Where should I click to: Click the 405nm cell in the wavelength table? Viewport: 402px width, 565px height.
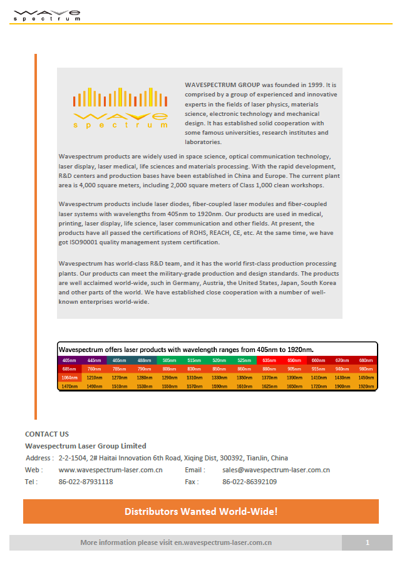(67, 360)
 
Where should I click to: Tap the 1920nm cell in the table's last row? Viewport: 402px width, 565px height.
(366, 386)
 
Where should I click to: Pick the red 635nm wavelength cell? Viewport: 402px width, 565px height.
(269, 360)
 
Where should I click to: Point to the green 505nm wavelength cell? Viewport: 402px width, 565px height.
(169, 360)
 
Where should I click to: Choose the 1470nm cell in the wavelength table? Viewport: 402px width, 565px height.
(69, 386)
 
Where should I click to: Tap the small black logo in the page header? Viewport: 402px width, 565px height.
(47, 14)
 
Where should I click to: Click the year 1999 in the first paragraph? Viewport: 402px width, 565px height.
(316, 84)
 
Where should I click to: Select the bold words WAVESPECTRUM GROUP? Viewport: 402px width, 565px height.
(222, 84)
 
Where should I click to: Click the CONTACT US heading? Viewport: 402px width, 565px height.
(47, 433)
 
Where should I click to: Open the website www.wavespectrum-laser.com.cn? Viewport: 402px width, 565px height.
(110, 470)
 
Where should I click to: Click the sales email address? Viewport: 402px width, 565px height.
(276, 470)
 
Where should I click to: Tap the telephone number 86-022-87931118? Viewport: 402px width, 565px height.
(86, 482)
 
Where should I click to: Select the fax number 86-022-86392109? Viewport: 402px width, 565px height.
(250, 482)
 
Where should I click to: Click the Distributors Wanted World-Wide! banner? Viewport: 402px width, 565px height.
(201, 511)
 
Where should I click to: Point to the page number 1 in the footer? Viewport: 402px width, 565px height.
(368, 542)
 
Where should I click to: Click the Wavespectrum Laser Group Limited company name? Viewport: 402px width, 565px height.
(86, 446)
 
